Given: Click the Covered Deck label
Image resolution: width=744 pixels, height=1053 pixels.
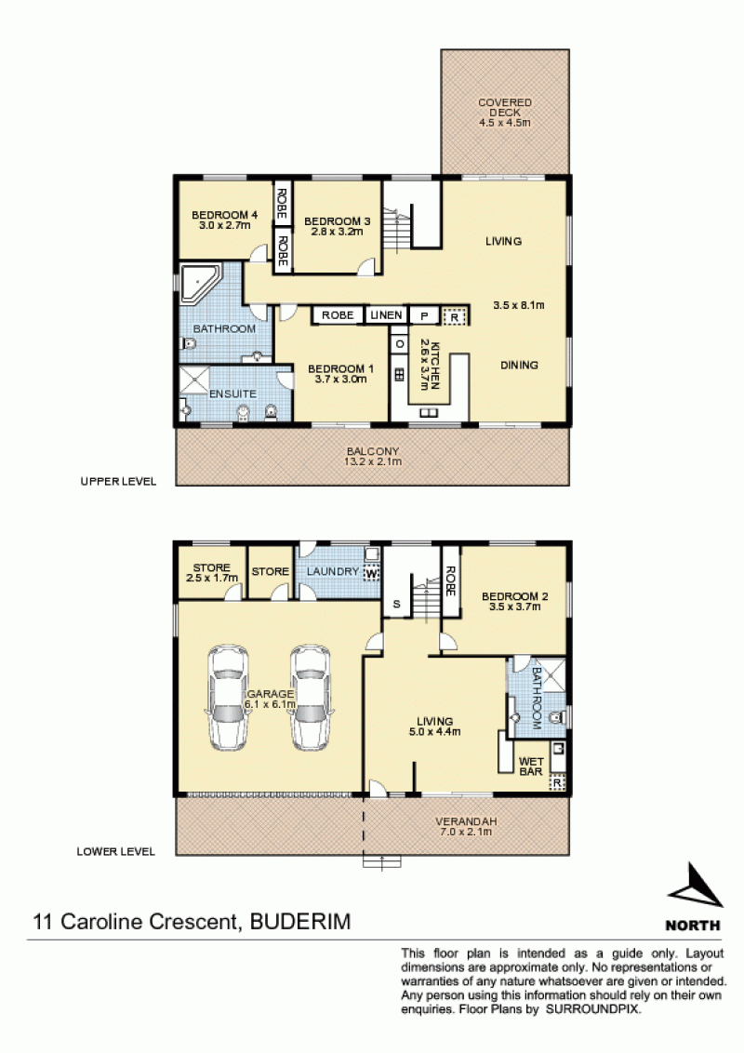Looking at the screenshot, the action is (504, 113).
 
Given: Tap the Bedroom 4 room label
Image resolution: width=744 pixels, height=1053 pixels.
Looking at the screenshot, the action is (224, 220).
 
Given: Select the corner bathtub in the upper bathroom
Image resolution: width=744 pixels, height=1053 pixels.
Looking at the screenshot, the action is (200, 284).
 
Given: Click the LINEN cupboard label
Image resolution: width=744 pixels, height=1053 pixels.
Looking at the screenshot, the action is (386, 315).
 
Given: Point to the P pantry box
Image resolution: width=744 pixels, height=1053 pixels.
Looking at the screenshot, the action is (424, 315).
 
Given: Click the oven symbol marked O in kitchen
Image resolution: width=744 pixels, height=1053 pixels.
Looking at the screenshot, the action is (400, 344).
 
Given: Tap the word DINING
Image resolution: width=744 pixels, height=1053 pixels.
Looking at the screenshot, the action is (519, 366).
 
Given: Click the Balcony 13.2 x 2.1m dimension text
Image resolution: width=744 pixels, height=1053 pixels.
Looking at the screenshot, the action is (373, 461).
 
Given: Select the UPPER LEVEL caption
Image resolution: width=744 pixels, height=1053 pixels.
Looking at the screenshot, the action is (118, 482).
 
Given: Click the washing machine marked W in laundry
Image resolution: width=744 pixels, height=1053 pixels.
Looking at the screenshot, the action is (371, 574).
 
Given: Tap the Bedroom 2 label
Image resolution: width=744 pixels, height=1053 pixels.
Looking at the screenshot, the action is (515, 601).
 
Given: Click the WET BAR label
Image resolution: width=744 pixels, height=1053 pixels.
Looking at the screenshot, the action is (530, 766).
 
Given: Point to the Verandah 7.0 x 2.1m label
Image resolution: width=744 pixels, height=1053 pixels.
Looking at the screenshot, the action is (466, 826).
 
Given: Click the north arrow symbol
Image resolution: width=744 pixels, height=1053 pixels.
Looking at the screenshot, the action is (695, 886).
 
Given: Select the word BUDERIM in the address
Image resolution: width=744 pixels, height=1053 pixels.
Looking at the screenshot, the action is (300, 921).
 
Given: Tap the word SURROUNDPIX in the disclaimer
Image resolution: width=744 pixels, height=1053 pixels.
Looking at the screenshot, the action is (593, 1008).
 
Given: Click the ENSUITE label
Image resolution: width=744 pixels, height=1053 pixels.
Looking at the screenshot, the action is (232, 394).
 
